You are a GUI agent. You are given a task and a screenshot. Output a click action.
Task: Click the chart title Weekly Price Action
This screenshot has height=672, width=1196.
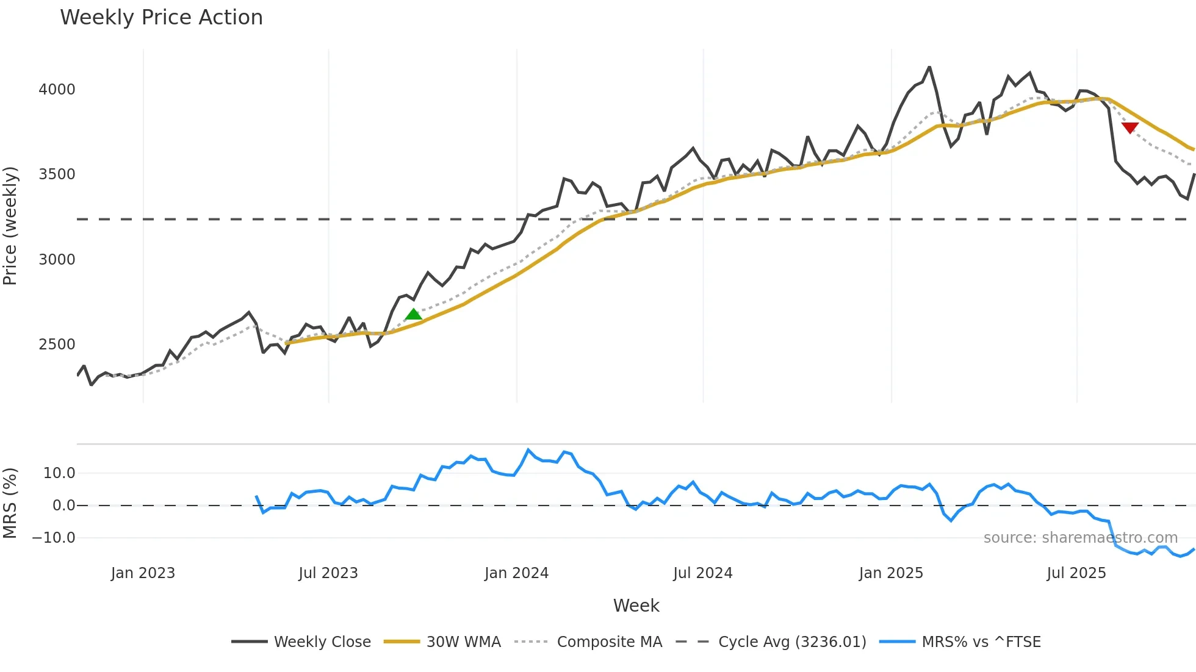coord(161,18)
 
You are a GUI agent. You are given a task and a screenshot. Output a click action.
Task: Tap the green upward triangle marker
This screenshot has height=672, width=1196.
coord(414,315)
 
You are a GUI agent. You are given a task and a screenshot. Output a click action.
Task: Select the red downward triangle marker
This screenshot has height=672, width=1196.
coord(1129,127)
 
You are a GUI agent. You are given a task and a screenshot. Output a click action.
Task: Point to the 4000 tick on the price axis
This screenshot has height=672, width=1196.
coord(57,90)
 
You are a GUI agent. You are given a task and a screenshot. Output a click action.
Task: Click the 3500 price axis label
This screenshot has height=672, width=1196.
coord(57,174)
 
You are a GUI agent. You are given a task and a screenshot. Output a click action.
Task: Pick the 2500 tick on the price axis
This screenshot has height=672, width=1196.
coord(57,345)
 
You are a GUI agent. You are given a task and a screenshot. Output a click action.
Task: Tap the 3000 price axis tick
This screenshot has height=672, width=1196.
coord(57,260)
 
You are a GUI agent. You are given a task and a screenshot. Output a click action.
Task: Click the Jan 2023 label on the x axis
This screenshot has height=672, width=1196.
coord(143,573)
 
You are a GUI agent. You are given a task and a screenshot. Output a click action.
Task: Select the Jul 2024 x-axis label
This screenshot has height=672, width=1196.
coord(702,573)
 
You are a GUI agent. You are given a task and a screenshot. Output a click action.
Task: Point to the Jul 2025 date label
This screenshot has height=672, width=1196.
coord(1076,573)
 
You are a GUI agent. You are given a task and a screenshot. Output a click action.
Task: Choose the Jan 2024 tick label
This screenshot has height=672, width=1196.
coord(516,573)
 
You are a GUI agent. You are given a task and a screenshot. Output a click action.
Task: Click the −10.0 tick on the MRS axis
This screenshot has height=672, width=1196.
coord(54,538)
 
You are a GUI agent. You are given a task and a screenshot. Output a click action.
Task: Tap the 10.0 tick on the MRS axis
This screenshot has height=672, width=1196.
coord(59,473)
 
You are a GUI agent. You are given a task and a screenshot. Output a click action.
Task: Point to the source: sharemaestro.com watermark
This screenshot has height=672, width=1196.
coord(1080,538)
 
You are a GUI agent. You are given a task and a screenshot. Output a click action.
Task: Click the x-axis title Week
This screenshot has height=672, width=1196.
coord(636,606)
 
